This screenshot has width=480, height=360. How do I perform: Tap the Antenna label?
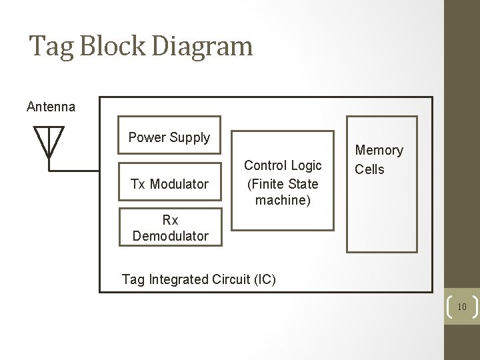51,107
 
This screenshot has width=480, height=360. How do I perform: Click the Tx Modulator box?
169,184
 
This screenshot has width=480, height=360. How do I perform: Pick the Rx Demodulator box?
170,227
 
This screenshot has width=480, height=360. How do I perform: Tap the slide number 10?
461,307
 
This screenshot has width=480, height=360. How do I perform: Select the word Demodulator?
170,235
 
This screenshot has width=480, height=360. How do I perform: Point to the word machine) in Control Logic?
283,201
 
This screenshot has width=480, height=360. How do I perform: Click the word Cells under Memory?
369,169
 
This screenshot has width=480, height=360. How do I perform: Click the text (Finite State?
283,183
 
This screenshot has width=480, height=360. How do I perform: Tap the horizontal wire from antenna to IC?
74,170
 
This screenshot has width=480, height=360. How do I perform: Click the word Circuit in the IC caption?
227,279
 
